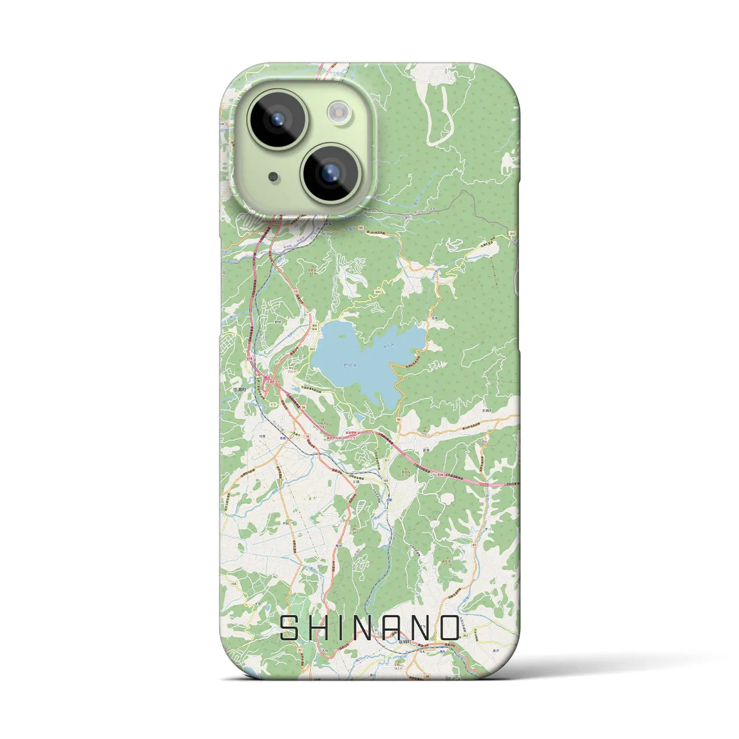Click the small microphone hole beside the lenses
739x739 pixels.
click(x=273, y=176)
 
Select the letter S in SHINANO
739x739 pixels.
click(x=290, y=628)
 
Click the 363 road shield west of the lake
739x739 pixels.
click(x=312, y=349)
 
